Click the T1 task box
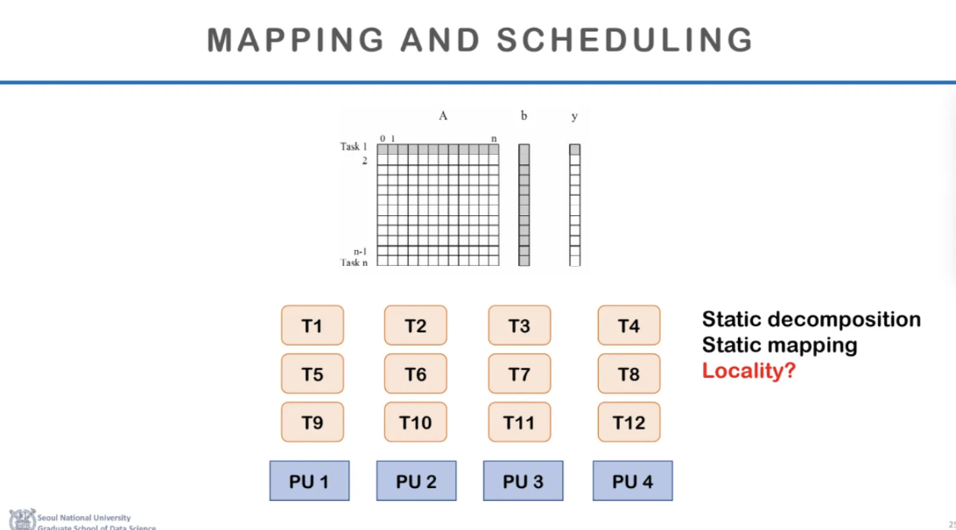click(312, 325)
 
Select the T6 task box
click(415, 374)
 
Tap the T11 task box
click(519, 422)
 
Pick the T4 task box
click(629, 325)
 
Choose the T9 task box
click(312, 422)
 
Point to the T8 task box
click(629, 374)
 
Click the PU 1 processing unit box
click(309, 481)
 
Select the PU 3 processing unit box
click(523, 481)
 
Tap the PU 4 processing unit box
click(632, 481)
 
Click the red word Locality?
click(749, 371)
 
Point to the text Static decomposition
click(811, 319)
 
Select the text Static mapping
click(779, 345)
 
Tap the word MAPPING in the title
click(295, 40)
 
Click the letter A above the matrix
click(443, 115)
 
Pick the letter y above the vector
click(574, 116)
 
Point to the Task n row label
click(354, 262)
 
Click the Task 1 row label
click(354, 146)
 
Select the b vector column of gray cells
click(524, 205)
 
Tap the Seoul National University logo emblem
click(23, 519)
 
